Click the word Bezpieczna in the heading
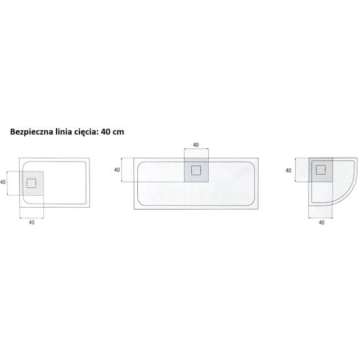32,132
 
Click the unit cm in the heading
118,132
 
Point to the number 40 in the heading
104,132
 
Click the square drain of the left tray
32,183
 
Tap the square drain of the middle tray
196,170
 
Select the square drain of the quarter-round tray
321,170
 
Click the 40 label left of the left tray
3,182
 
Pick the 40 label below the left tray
32,222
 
